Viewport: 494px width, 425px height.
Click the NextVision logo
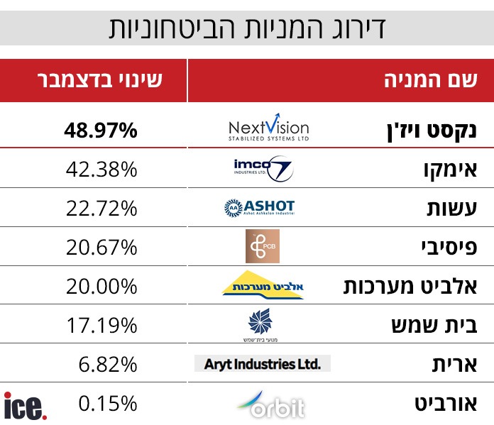point(269,129)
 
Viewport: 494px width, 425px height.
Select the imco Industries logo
point(263,169)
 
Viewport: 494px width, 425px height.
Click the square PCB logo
point(262,246)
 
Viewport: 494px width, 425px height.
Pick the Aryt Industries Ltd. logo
point(262,364)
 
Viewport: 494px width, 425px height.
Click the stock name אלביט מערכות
point(418,286)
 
